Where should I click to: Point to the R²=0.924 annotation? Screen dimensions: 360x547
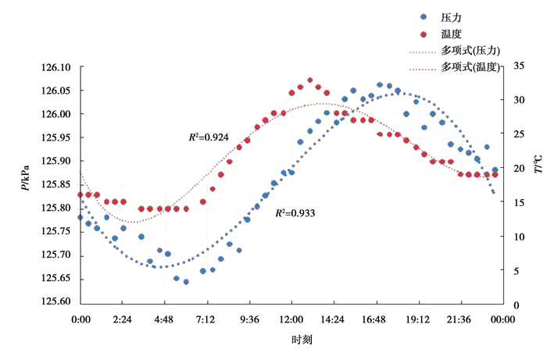point(209,137)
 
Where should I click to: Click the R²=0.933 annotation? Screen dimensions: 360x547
point(295,212)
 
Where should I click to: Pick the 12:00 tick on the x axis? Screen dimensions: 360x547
point(291,319)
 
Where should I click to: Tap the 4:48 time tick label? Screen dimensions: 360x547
point(165,319)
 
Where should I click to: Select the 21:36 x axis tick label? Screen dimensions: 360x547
point(459,319)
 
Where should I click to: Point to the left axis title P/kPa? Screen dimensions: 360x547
point(25,176)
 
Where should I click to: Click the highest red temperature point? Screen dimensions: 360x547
point(310,80)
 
